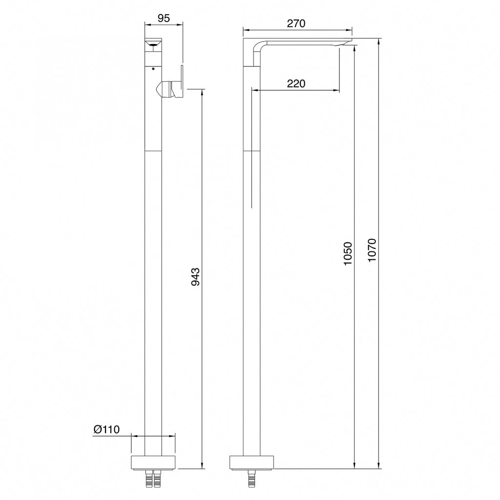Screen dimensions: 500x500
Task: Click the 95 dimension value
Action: click(164, 18)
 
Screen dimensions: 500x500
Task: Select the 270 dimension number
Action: click(296, 23)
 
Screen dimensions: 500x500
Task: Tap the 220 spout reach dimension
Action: click(296, 83)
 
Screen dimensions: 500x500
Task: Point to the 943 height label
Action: click(195, 277)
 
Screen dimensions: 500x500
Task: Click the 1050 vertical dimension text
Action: click(348, 253)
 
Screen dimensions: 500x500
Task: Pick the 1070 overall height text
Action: click(372, 250)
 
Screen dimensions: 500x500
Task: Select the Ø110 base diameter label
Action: click(106, 430)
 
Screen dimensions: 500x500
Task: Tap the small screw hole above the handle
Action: click(153, 68)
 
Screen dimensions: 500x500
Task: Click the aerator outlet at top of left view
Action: click(153, 44)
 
